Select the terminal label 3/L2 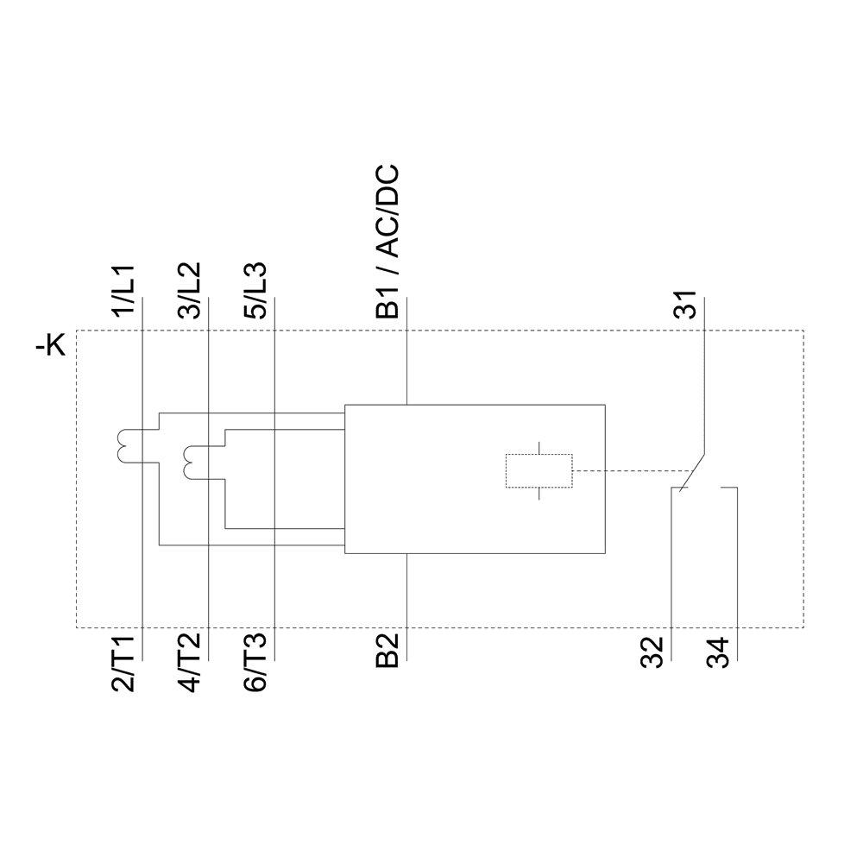click(x=192, y=292)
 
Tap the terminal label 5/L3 click(x=257, y=292)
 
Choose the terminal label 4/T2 click(x=192, y=662)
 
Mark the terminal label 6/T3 click(x=257, y=662)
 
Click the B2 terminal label click(x=389, y=651)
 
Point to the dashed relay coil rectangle click(x=539, y=471)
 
